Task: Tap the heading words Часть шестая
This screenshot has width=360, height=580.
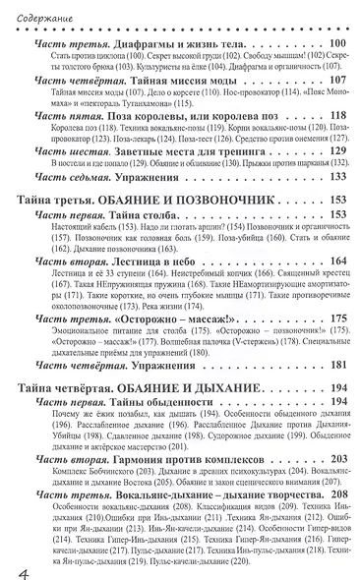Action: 65,181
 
